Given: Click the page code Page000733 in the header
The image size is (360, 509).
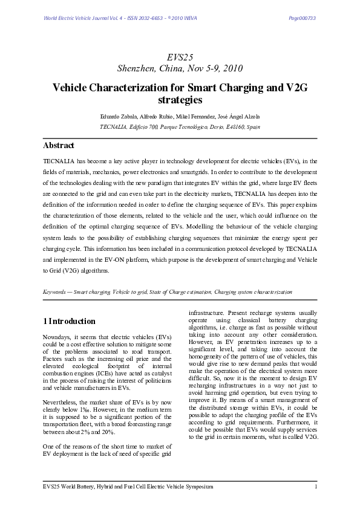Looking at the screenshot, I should point(302,18).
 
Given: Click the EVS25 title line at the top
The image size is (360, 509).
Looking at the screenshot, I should point(180,56).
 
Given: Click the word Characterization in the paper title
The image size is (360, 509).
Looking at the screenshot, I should point(128,87).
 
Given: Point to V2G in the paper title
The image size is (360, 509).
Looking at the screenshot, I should point(295,87).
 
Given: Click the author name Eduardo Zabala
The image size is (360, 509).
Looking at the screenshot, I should point(124,115).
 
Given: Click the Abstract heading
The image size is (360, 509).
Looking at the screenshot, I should point(59,146).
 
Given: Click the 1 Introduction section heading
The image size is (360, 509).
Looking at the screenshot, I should point(69,322).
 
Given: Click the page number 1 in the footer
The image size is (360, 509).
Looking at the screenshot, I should point(316,487).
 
